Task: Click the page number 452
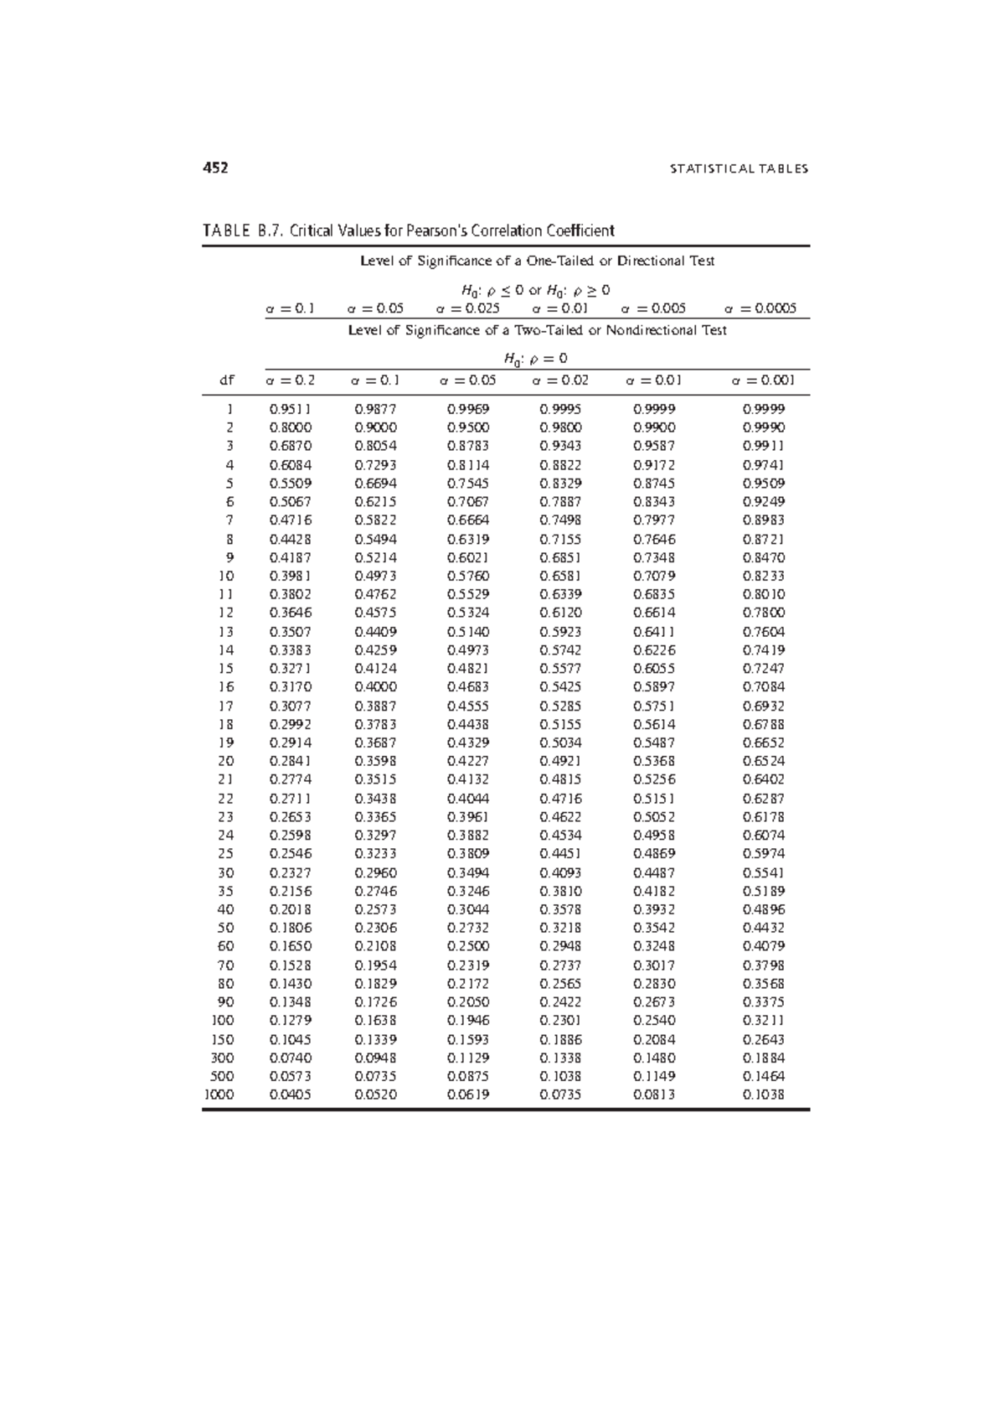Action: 215,168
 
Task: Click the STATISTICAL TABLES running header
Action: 739,168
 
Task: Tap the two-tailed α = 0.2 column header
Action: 291,380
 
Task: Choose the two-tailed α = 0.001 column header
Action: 763,380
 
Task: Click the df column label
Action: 226,380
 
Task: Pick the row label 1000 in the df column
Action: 219,1094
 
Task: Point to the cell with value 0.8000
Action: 291,427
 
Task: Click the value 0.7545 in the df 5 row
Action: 468,484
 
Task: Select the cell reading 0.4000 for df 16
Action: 376,687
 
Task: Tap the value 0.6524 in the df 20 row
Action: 763,761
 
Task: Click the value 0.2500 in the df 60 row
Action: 468,946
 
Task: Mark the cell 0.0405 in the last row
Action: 291,1094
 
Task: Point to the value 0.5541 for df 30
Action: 763,872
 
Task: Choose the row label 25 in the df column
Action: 226,854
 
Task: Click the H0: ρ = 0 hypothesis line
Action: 536,359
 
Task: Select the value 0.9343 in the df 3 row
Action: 560,446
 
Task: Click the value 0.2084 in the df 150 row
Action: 654,1039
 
